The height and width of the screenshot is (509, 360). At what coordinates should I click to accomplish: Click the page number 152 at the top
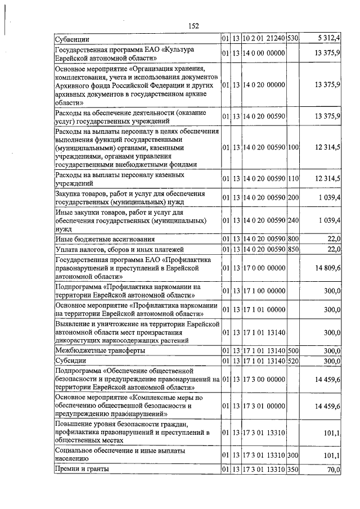pyautogui.click(x=194, y=26)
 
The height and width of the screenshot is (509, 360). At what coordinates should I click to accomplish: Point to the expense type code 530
pyautogui.click(x=292, y=39)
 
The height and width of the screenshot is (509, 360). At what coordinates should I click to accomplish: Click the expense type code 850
pyautogui.click(x=292, y=249)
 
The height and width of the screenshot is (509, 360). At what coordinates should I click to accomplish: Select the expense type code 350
pyautogui.click(x=292, y=469)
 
